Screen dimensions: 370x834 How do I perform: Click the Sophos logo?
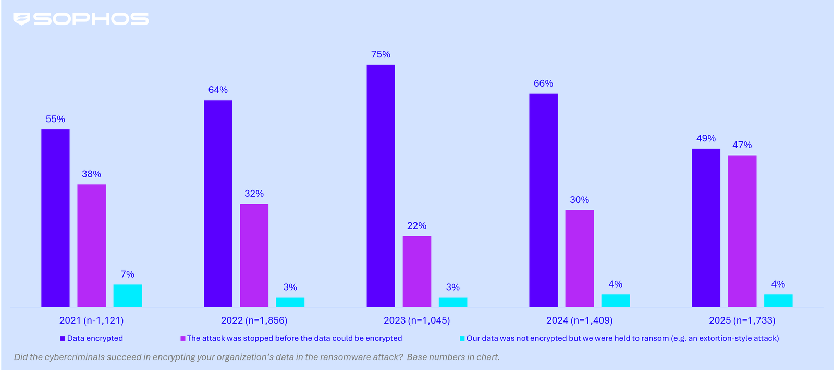pyautogui.click(x=81, y=19)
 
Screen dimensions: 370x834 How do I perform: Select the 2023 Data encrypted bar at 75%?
pyautogui.click(x=381, y=185)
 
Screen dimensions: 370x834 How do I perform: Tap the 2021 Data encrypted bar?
pyautogui.click(x=55, y=218)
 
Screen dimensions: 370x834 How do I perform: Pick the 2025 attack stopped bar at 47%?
pyautogui.click(x=742, y=231)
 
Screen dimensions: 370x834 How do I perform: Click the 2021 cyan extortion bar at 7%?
pyautogui.click(x=127, y=295)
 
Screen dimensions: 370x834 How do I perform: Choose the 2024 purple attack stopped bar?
pyautogui.click(x=579, y=258)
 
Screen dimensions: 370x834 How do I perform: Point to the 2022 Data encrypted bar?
pyautogui.click(x=218, y=203)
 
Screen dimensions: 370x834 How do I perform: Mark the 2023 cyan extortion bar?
pyautogui.click(x=452, y=302)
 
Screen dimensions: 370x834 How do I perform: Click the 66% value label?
pyautogui.click(x=543, y=83)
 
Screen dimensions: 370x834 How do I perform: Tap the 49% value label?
pyautogui.click(x=706, y=138)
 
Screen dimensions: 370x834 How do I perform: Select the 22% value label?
pyautogui.click(x=416, y=225)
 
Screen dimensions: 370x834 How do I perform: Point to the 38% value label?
pyautogui.click(x=91, y=174)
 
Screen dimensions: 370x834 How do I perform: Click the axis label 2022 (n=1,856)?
pyautogui.click(x=254, y=320)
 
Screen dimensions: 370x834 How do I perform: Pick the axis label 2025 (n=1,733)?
pyautogui.click(x=742, y=320)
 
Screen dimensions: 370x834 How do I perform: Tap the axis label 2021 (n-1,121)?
pyautogui.click(x=91, y=320)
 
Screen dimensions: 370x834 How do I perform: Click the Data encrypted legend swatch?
pyautogui.click(x=63, y=338)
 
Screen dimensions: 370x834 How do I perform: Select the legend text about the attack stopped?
pyautogui.click(x=295, y=338)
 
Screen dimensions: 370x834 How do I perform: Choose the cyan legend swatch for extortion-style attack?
pyautogui.click(x=462, y=338)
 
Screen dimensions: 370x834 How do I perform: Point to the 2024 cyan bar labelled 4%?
pyautogui.click(x=615, y=301)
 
